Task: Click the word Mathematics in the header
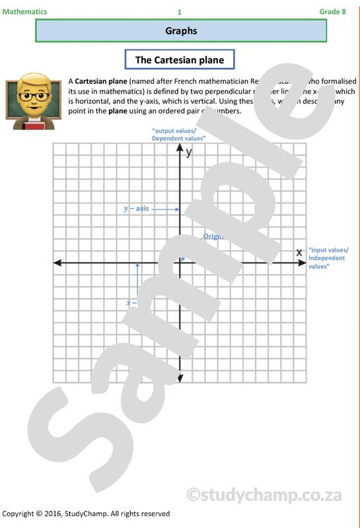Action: [x=24, y=12]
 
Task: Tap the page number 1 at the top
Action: [x=180, y=12]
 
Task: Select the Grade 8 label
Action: [x=332, y=12]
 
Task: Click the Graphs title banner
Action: [x=180, y=31]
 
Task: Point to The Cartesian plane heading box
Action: [x=180, y=60]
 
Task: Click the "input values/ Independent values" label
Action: [x=328, y=258]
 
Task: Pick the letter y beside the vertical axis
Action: [x=189, y=152]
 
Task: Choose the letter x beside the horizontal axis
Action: [x=299, y=252]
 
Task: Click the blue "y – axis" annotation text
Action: [x=136, y=209]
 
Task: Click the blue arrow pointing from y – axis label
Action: [x=165, y=209]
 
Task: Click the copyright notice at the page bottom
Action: [x=86, y=513]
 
